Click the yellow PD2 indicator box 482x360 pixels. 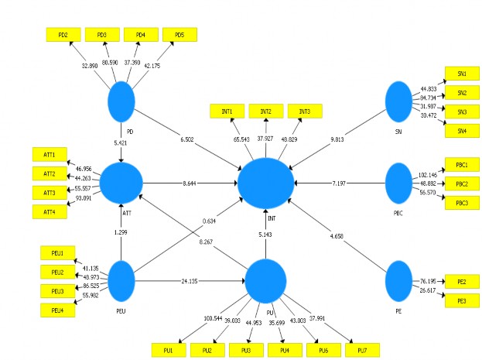tap(63, 35)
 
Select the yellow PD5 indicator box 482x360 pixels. tap(179, 35)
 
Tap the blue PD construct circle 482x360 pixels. tap(121, 101)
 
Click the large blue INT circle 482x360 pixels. tap(265, 184)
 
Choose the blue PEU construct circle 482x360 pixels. tap(121, 279)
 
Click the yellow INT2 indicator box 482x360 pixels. tap(266, 111)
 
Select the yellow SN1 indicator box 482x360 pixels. tap(461, 74)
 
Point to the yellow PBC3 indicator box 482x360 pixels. tap(461, 203)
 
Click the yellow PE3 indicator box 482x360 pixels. tap(461, 299)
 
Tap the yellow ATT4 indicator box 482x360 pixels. tap(49, 211)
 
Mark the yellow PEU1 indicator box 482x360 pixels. tap(58, 252)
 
